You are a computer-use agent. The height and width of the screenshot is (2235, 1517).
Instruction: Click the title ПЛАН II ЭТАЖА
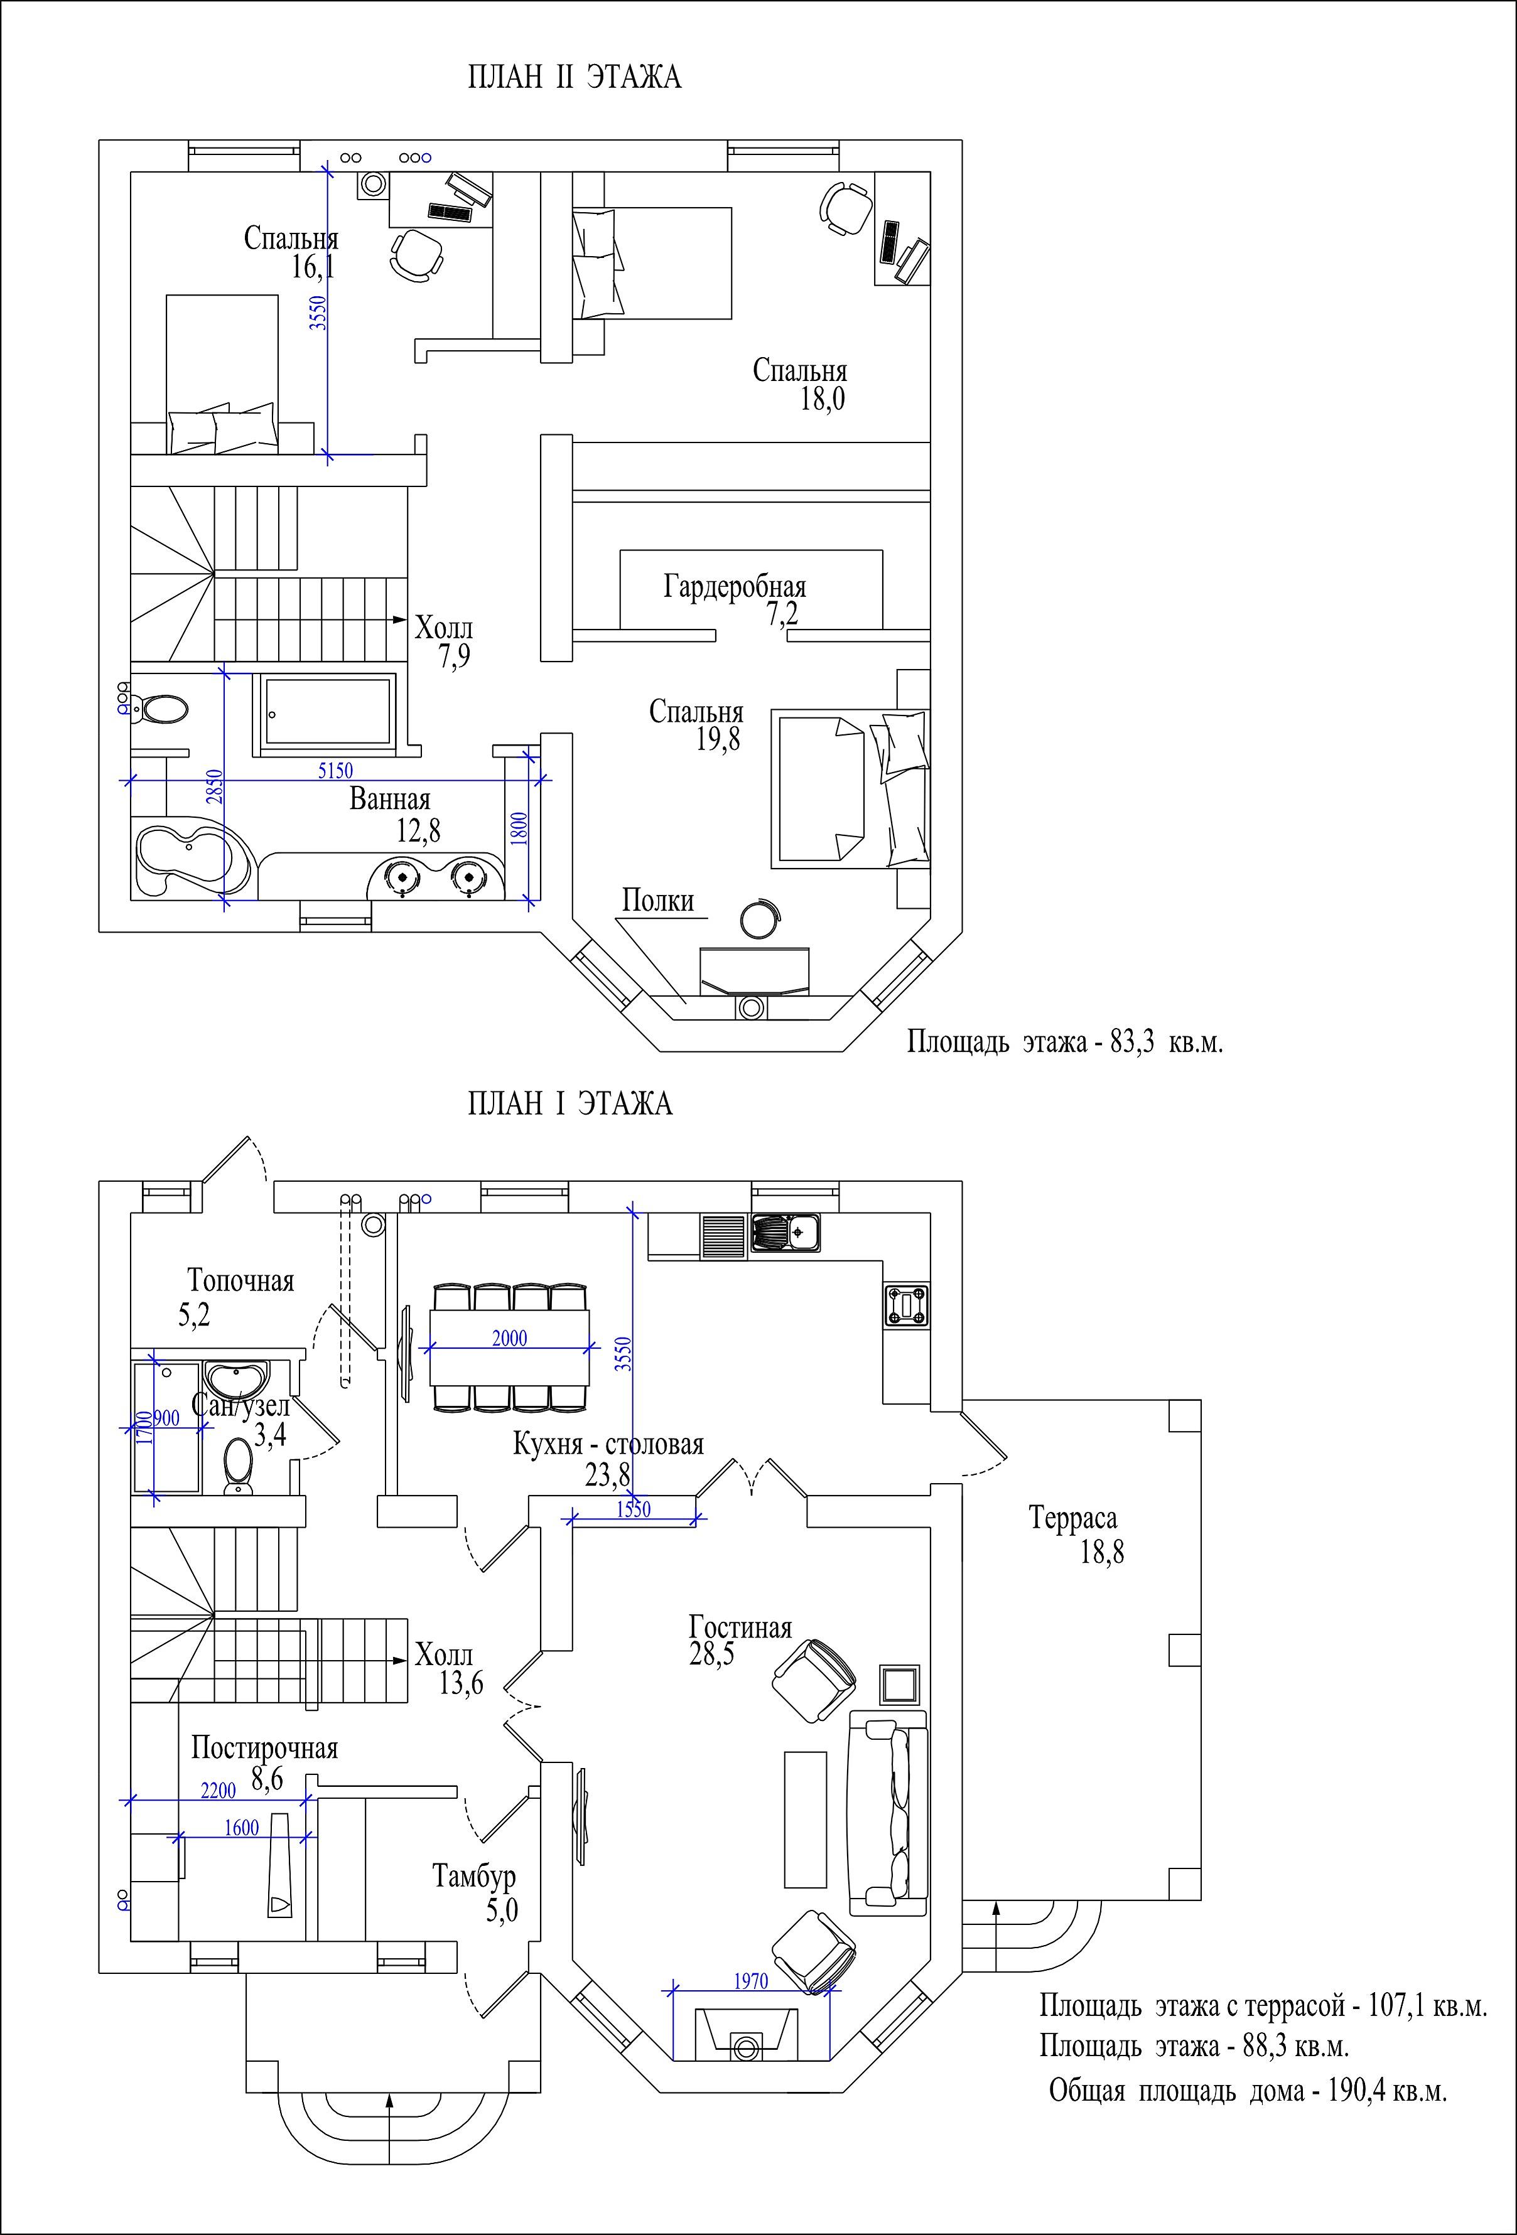(575, 77)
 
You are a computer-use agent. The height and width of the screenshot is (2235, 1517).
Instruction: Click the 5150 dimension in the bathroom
(336, 770)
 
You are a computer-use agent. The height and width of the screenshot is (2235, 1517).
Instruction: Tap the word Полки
(658, 901)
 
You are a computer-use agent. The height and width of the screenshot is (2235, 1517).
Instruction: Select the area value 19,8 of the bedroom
(718, 739)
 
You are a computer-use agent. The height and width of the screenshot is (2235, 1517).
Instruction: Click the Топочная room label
(240, 1281)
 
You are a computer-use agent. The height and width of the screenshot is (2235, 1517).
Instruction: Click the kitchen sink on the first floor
(787, 1233)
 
